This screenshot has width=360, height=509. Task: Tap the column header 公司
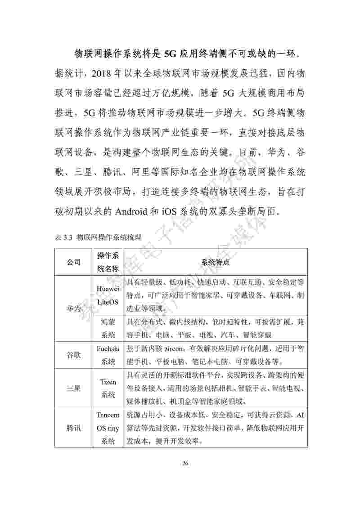tap(74, 262)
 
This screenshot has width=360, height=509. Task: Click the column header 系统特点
tap(215, 262)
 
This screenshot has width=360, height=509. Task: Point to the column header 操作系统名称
tap(108, 262)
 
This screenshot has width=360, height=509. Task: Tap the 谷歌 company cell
tap(74, 355)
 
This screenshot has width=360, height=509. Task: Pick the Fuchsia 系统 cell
tap(108, 355)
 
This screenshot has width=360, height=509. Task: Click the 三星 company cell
tap(74, 388)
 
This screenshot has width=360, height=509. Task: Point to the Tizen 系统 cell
tap(108, 388)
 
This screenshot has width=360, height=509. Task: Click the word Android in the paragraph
tap(135, 211)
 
